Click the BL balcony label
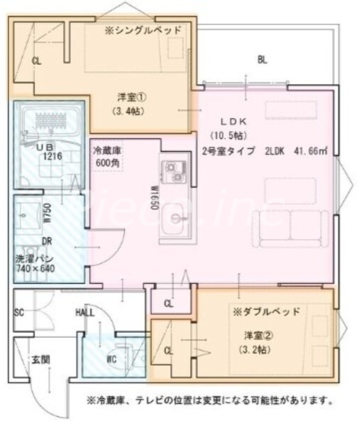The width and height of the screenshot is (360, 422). tap(262, 60)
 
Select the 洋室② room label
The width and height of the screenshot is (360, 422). tap(254, 335)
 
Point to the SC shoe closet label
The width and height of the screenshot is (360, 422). tap(19, 312)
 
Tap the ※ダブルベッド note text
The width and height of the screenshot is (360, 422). tap(267, 311)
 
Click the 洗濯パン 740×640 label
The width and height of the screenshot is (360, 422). tap(35, 264)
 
